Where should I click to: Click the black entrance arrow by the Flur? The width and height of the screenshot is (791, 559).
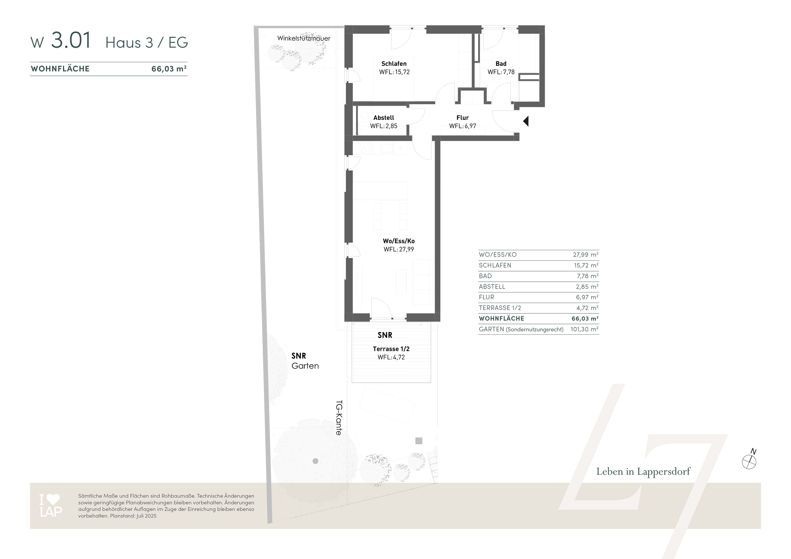(x=526, y=121)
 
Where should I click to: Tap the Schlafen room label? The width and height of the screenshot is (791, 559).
(x=394, y=64)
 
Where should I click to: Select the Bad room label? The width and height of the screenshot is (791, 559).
(x=501, y=64)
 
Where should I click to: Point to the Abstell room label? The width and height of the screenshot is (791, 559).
(x=384, y=118)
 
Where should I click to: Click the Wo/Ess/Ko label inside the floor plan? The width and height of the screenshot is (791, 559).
(x=399, y=241)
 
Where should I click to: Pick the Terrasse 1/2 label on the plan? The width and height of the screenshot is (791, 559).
(x=391, y=349)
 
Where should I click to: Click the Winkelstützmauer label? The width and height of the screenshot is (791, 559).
(x=304, y=38)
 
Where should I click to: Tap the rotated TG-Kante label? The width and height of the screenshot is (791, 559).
(x=339, y=418)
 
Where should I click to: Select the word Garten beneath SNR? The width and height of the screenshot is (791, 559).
(x=305, y=366)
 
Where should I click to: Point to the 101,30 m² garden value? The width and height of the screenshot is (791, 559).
(x=584, y=329)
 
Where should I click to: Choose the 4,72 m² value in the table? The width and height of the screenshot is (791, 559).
(x=587, y=308)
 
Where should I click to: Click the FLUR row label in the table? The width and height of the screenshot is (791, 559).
(x=487, y=297)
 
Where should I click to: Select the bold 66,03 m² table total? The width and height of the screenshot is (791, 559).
(x=585, y=319)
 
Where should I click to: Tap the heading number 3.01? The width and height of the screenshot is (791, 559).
(x=71, y=40)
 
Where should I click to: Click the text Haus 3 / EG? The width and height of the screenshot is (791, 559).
(x=147, y=43)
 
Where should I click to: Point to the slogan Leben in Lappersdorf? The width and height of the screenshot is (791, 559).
(x=643, y=472)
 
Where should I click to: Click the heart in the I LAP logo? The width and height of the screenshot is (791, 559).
(x=53, y=500)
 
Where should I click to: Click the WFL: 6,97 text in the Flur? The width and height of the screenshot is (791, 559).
(x=463, y=126)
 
